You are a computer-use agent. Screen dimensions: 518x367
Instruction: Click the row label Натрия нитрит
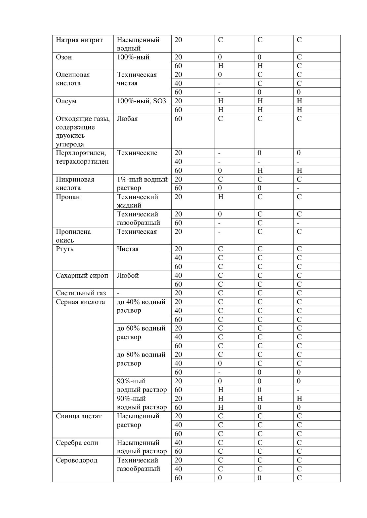[x=79, y=40]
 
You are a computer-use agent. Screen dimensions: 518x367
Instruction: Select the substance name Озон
[x=64, y=57]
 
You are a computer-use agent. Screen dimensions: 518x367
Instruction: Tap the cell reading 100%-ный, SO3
[x=142, y=101]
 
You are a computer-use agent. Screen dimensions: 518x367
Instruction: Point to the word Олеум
[x=66, y=101]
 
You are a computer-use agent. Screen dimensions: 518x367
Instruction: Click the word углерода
[x=70, y=144]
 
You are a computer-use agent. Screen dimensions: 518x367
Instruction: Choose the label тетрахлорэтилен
[x=82, y=161]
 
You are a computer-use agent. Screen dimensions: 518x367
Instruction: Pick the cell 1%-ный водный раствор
[x=142, y=184]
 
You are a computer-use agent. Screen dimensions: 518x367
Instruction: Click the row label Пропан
[x=68, y=197]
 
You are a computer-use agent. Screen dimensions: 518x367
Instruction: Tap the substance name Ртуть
[x=64, y=249]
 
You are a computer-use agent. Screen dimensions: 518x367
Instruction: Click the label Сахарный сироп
[x=82, y=275]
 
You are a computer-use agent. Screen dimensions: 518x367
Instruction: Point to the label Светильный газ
[x=81, y=293]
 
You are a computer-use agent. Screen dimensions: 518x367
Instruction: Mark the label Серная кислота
[x=80, y=302]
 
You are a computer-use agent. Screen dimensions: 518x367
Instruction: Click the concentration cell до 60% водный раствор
[x=141, y=332]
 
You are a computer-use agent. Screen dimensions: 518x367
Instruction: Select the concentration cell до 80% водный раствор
[x=141, y=359]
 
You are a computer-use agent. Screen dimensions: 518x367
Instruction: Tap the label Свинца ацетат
[x=79, y=416]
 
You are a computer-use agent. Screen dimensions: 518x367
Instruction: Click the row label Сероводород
[x=76, y=460]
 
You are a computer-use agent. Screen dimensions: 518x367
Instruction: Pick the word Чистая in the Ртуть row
[x=128, y=249]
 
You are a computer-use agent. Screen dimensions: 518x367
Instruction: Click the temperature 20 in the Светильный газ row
[x=178, y=293]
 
